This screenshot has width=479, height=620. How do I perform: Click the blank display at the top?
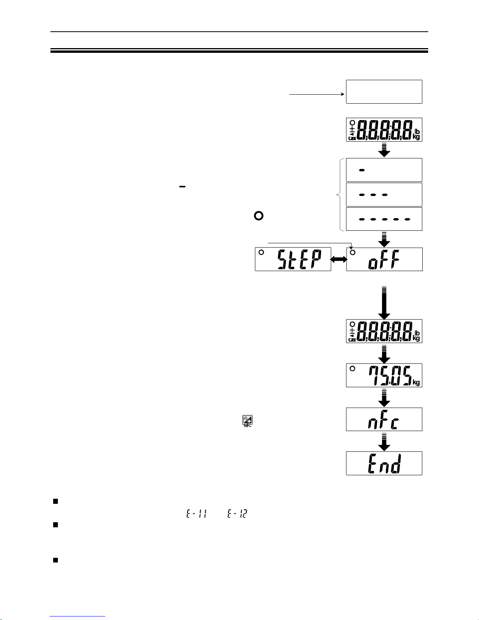[384, 92]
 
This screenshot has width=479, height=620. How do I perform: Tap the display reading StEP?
[293, 259]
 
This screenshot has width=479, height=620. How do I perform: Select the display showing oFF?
[384, 259]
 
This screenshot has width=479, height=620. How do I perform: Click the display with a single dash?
[384, 170]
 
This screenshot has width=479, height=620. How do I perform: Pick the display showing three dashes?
[384, 194]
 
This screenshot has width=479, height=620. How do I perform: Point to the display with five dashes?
[384, 219]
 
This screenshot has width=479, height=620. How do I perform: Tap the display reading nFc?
[384, 419]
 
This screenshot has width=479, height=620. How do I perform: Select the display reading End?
[384, 463]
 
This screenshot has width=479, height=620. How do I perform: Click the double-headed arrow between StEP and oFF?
[339, 259]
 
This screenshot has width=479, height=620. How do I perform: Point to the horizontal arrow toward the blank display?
[317, 94]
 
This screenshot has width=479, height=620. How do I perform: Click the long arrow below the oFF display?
[384, 303]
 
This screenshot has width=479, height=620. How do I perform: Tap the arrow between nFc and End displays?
[384, 442]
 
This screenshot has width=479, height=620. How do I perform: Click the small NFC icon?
[247, 421]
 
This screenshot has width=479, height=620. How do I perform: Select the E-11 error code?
[194, 514]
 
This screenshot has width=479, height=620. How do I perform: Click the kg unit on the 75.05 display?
[416, 383]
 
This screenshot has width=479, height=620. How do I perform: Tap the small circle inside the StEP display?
[261, 252]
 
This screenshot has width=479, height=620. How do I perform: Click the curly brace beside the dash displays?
[339, 194]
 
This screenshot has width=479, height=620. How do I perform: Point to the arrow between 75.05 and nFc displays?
[384, 398]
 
